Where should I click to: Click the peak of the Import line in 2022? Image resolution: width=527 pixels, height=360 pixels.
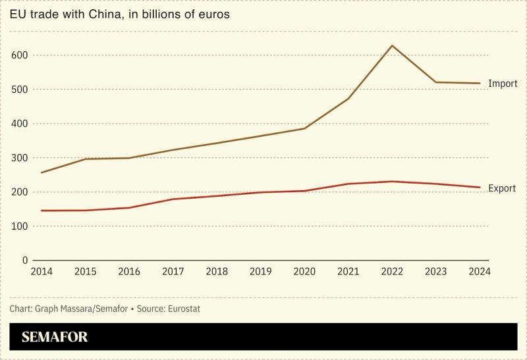[392, 45]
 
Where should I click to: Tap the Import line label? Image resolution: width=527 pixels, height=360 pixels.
[502, 84]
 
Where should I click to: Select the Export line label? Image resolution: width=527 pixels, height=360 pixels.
[502, 188]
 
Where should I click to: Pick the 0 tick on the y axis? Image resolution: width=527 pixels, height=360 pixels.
[24, 261]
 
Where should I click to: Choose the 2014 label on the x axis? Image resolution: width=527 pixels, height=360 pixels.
[42, 271]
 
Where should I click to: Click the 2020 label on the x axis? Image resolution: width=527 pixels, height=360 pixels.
[304, 271]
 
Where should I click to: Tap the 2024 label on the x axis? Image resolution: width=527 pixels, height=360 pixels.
[480, 271]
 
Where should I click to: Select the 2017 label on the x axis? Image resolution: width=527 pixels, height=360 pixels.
[173, 271]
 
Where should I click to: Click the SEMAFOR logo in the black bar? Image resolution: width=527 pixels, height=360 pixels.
[55, 338]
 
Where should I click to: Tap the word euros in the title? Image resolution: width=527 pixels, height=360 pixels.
[214, 14]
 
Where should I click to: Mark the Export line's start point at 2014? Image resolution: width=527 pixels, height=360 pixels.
[42, 211]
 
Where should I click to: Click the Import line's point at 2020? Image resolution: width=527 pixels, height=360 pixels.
[304, 128]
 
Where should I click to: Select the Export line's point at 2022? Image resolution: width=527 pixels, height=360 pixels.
[392, 182]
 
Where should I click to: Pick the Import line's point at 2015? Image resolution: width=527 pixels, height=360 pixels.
[85, 159]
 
